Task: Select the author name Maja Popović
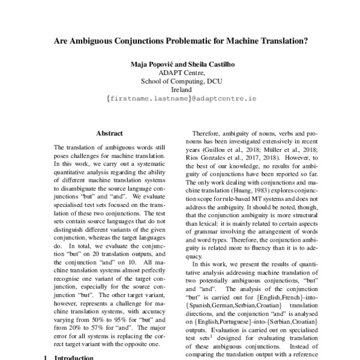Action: [152, 64]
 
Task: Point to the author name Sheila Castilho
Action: [211, 64]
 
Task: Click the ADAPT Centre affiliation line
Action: [181, 73]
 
